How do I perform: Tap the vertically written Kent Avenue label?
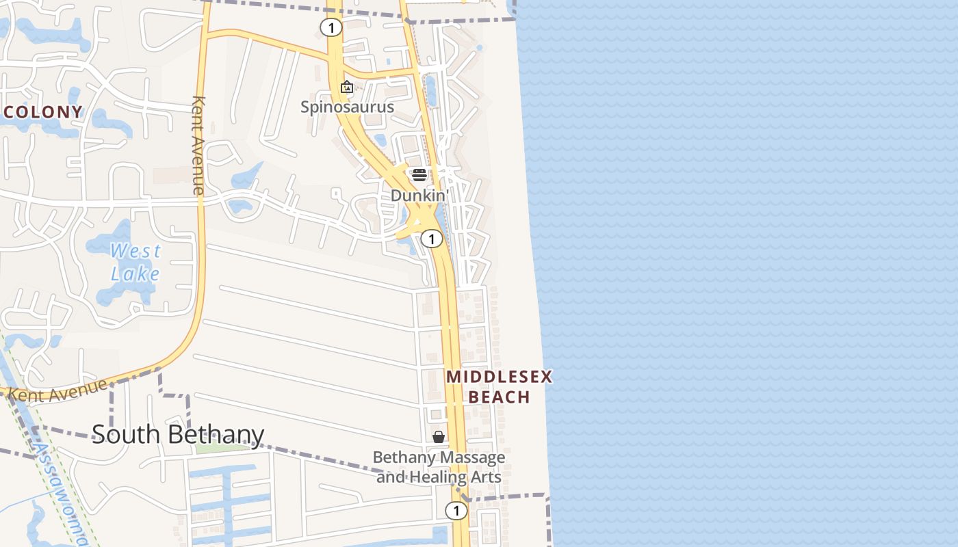pos(198,145)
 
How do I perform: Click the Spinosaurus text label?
pos(348,107)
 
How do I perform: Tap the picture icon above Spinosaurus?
pos(347,87)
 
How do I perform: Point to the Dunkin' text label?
pos(419,196)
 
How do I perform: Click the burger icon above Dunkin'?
pos(419,175)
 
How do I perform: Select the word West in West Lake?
pos(135,251)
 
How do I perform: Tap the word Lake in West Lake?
pos(135,274)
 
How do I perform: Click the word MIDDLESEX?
pos(499,377)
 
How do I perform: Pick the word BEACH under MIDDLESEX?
pos(500,397)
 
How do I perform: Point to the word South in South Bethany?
pos(127,434)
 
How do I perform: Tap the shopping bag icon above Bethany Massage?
pos(439,436)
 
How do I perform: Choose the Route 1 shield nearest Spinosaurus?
pos(331,27)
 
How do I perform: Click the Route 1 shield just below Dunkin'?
pos(431,238)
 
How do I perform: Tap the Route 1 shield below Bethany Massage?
pos(456,510)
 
